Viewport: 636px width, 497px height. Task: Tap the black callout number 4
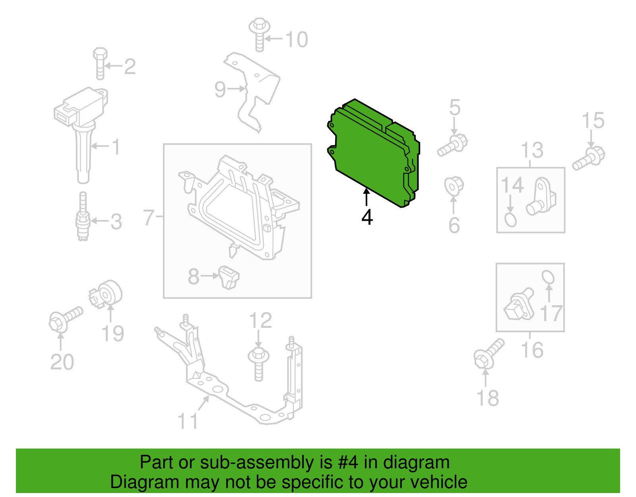point(367,217)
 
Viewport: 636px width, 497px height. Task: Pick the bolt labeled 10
point(259,35)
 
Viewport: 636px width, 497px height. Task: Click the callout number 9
point(220,89)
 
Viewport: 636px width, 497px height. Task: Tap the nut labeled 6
point(454,186)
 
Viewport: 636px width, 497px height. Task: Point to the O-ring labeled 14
point(510,220)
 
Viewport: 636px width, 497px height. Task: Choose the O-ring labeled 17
point(548,277)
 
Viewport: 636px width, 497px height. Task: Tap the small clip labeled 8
point(229,277)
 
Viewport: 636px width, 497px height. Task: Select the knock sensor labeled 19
point(105,294)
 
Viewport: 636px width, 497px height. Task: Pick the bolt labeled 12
point(258,364)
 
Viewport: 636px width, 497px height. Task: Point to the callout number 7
point(148,217)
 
